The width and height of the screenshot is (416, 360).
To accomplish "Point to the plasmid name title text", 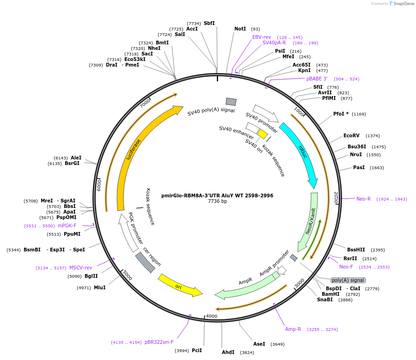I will click(x=217, y=195).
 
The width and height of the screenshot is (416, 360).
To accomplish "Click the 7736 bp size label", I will click(x=217, y=201).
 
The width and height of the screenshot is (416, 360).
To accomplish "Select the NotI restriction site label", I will click(x=240, y=29).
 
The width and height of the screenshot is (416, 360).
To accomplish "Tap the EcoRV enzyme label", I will click(x=351, y=135).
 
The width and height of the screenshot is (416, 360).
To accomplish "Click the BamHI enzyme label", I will click(x=330, y=294).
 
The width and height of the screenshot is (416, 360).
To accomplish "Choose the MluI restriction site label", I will click(x=100, y=287).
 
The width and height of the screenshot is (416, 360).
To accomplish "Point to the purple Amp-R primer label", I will click(x=293, y=329).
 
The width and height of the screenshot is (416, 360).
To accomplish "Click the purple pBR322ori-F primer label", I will click(x=159, y=342).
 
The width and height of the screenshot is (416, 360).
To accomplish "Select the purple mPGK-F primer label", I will click(x=67, y=226).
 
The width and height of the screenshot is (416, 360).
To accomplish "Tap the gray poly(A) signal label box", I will click(x=348, y=280).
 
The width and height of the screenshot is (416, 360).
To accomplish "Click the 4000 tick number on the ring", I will click(x=211, y=316).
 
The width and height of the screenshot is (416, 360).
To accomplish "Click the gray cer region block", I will click(x=145, y=262).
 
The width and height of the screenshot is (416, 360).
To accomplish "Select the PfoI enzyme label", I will click(x=341, y=114).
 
